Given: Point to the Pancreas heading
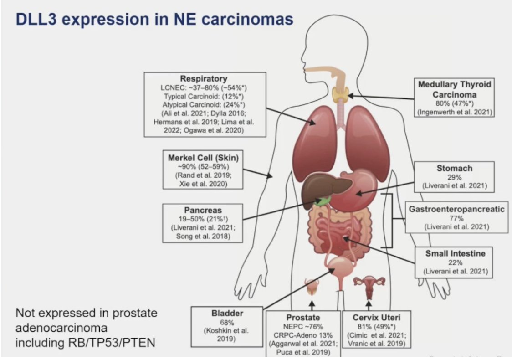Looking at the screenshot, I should point(203,211).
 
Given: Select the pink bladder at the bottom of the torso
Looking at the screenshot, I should point(341,267).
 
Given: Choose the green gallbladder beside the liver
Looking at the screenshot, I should point(324,200).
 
